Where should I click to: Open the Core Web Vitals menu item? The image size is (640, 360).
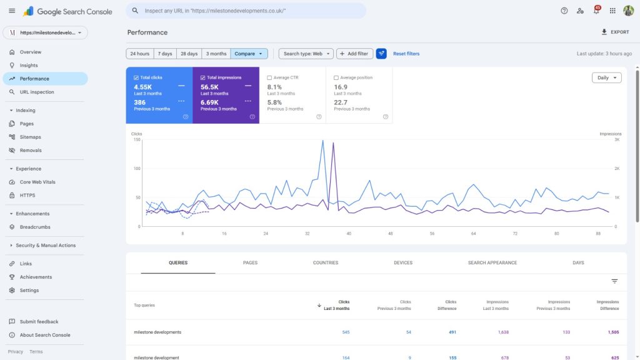tap(37, 182)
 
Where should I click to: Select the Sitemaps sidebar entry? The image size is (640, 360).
tap(30, 137)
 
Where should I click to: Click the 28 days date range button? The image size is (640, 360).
tap(189, 54)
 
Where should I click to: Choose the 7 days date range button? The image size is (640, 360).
tap(165, 54)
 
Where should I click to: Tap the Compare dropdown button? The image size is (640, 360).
tap(249, 54)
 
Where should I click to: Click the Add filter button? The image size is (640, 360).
tap(354, 54)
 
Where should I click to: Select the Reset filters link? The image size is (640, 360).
tap(406, 54)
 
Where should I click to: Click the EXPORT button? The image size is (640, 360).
tap(615, 32)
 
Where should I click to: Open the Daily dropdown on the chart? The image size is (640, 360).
tap(606, 78)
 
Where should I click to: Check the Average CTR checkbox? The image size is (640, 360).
tap(269, 78)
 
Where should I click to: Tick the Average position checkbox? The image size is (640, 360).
tap(336, 78)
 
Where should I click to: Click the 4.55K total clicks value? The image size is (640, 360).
tap(143, 87)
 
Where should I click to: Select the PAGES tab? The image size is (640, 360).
tap(250, 263)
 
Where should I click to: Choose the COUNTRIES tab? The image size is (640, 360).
tap(326, 263)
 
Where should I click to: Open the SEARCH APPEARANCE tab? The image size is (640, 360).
tap(492, 263)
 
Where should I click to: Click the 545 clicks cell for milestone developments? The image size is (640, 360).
tap(346, 332)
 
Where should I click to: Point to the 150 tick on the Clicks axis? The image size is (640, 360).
tap(136, 139)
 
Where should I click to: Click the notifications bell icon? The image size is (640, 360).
tap(596, 11)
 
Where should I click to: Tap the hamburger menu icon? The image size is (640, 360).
tap(12, 11)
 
